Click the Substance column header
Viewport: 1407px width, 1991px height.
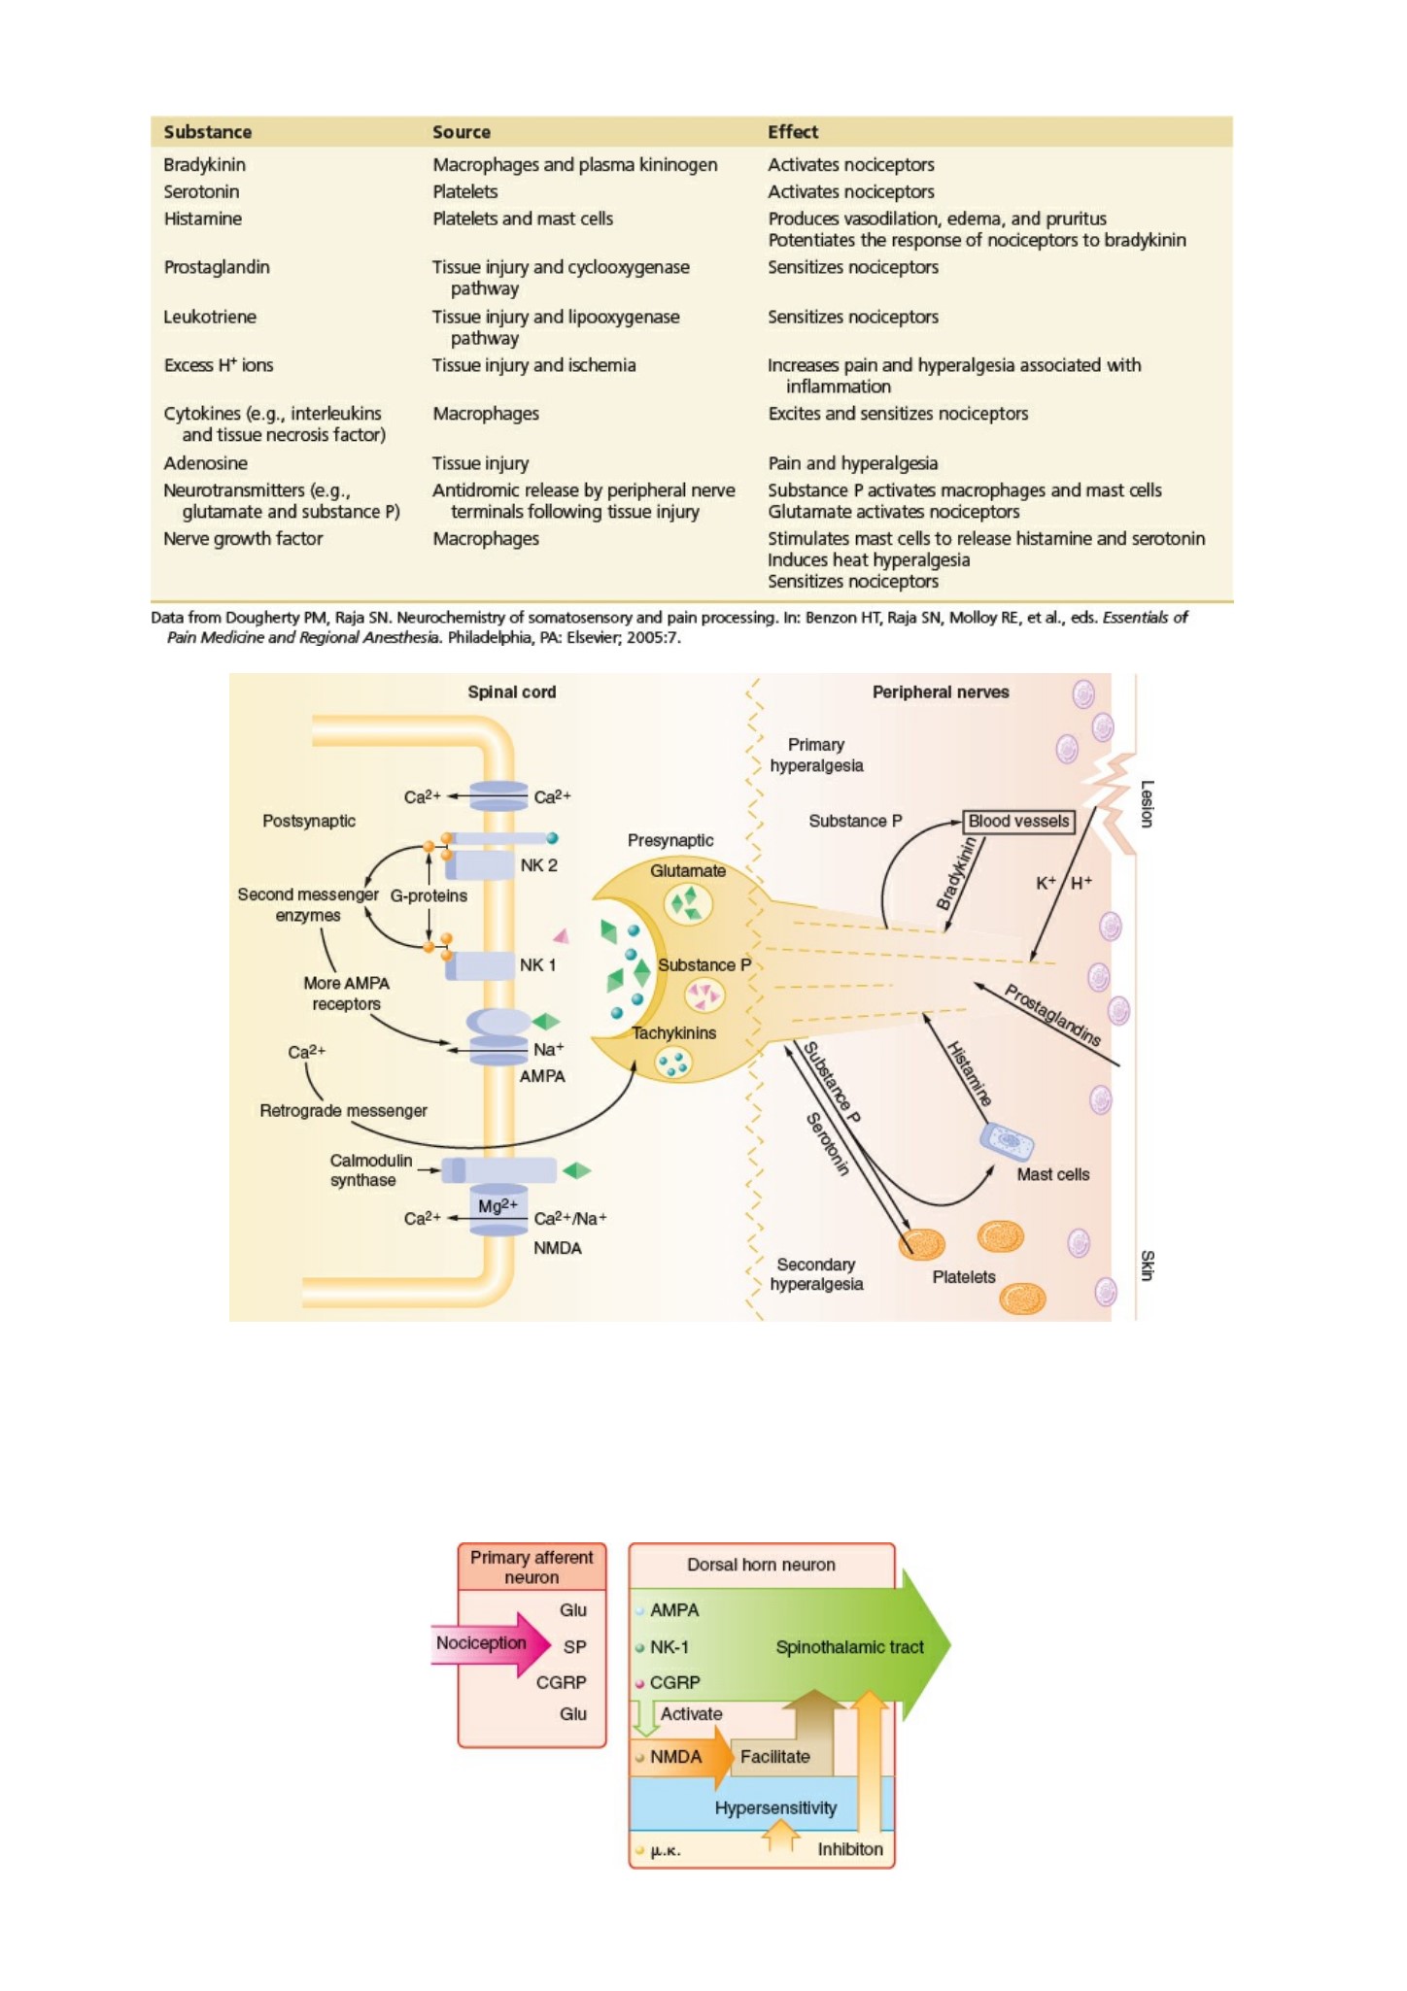207,132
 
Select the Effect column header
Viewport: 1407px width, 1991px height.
793,132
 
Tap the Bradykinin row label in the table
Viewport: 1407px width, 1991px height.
204,165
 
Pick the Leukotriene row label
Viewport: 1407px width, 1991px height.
210,317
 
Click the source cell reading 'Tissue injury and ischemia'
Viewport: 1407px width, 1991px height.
533,365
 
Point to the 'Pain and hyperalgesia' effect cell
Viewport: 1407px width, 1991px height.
852,463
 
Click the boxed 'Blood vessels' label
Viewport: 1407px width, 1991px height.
1018,822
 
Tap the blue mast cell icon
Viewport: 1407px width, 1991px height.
1007,1142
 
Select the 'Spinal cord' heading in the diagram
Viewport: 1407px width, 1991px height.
512,692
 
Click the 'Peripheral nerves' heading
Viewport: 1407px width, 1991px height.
941,692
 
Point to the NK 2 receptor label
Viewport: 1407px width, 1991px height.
538,865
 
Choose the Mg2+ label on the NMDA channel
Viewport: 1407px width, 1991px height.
498,1205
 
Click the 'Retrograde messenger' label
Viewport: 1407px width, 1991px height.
343,1110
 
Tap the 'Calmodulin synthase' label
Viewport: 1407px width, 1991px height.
370,1170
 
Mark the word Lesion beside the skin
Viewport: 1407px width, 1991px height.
1147,804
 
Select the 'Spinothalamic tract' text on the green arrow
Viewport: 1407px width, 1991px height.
849,1647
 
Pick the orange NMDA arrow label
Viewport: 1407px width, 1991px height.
676,1756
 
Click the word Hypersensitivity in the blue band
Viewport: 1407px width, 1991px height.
775,1807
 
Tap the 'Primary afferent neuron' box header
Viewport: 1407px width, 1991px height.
532,1567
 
